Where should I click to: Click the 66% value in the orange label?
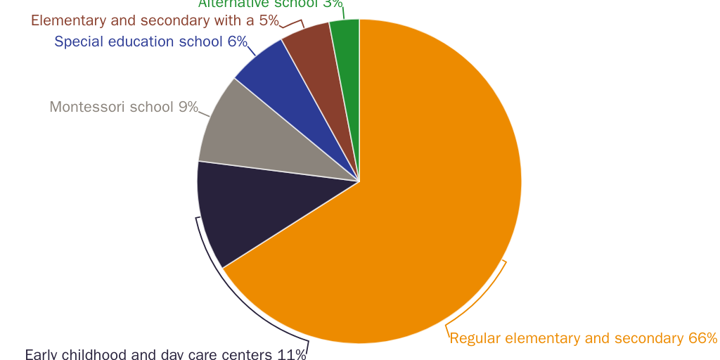[702, 338]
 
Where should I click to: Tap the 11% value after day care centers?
[292, 354]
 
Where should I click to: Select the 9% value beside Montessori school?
[188, 107]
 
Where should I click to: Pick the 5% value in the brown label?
[269, 20]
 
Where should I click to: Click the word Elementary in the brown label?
[67, 20]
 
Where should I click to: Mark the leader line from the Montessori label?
[205, 113]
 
